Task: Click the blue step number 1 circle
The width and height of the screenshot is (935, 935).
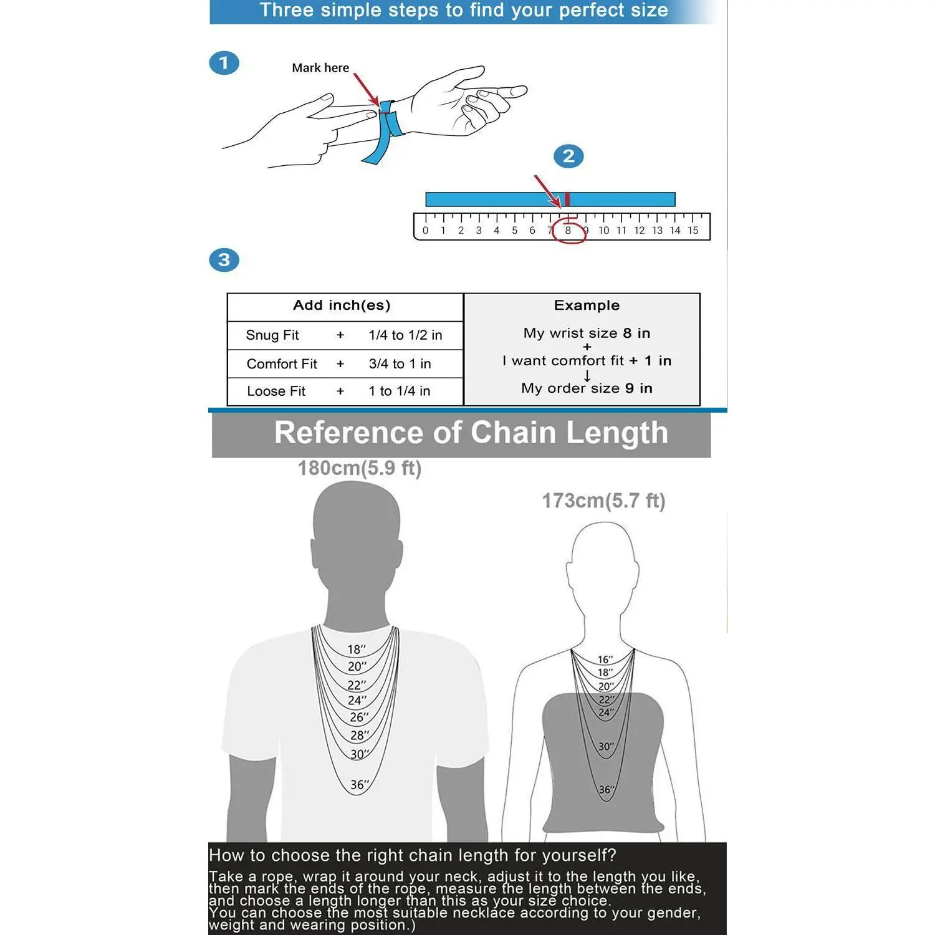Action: [x=224, y=63]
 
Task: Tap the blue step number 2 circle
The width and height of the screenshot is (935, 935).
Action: [x=568, y=156]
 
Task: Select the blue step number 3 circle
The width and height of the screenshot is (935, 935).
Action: [x=224, y=260]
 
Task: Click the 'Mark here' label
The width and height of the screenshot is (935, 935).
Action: [x=320, y=68]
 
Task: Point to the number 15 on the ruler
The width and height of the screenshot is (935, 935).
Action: [x=693, y=231]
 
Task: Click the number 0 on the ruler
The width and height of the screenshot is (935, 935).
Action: [x=426, y=231]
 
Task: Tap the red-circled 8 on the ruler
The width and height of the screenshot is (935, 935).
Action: [x=568, y=231]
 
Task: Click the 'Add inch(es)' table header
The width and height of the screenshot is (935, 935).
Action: [x=342, y=305]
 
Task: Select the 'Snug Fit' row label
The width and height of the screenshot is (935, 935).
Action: [x=272, y=335]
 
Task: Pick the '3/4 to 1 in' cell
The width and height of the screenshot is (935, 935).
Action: [x=400, y=364]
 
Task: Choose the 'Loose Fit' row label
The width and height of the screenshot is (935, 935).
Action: [x=276, y=391]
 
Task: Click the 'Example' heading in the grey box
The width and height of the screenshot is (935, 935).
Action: [x=587, y=305]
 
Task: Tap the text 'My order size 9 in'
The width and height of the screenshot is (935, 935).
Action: [x=587, y=388]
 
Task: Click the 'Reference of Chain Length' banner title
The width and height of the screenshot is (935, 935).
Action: [x=471, y=433]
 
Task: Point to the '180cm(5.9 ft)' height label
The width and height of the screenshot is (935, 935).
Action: [x=359, y=468]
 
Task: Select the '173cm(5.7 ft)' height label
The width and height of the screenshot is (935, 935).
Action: [x=603, y=501]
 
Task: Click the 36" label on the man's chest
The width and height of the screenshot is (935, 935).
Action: [x=360, y=785]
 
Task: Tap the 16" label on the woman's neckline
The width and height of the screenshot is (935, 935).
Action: [x=605, y=659]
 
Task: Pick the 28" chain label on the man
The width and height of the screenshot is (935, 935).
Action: [x=360, y=736]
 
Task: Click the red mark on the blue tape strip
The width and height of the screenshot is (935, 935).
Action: [x=567, y=199]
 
